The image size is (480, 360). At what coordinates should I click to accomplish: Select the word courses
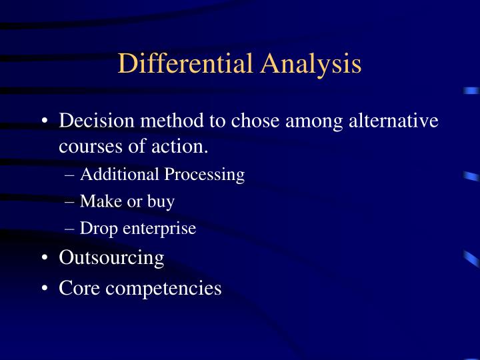pyautogui.click(x=87, y=145)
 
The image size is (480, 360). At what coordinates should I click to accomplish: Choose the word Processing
pyautogui.click(x=205, y=175)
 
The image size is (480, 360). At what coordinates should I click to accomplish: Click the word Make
pyautogui.click(x=97, y=201)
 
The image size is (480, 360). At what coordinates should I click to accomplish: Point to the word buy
pyautogui.click(x=162, y=202)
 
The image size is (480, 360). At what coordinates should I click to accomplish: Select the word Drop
pyautogui.click(x=96, y=229)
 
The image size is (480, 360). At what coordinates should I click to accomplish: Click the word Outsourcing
pyautogui.click(x=111, y=258)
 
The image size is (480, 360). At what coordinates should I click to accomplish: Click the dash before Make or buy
pyautogui.click(x=71, y=201)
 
